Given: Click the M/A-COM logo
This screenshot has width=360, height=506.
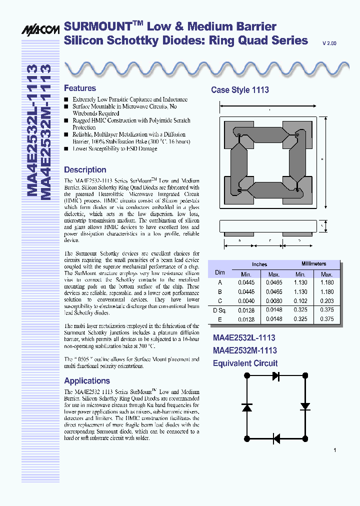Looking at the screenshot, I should (40, 30).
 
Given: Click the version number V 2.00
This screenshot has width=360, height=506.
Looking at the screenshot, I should (329, 44).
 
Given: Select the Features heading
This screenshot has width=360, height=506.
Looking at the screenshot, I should (80, 88).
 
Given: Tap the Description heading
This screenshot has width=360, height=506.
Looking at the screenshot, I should (85, 170).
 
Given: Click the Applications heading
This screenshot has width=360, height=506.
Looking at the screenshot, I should (87, 381).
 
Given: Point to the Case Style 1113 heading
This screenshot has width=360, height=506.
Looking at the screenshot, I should (240, 90).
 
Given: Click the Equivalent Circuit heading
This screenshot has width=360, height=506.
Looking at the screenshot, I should (245, 363).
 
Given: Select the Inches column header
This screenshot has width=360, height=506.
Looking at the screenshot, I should (259, 264).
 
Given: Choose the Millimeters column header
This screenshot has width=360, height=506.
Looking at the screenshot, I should (313, 263).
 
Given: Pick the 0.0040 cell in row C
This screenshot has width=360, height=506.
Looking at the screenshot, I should (246, 301).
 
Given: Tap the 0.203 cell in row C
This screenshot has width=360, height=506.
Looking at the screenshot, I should (326, 301).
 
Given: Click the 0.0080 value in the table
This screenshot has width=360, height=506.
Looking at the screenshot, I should (273, 301).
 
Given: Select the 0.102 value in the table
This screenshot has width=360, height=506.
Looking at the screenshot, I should (300, 301).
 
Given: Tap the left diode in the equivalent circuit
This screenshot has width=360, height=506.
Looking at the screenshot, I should (246, 407).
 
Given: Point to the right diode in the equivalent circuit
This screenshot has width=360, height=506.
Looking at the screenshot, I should (305, 406).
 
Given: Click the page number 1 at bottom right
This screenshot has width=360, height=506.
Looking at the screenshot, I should (334, 450).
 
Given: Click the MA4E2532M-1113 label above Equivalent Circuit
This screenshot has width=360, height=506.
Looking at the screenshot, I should (244, 350).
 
